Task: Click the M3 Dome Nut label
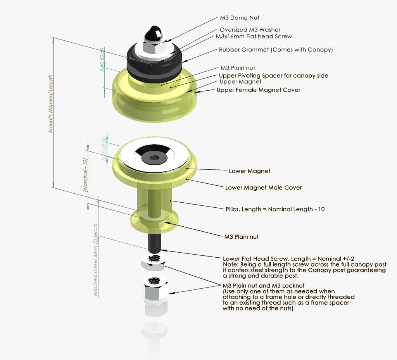coord(240,18)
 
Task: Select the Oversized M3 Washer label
coord(250,30)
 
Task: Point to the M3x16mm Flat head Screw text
coord(254,36)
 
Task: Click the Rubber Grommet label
coord(276,50)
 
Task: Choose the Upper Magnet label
coord(240,82)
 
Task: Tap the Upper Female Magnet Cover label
coord(258,90)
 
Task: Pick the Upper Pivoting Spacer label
coord(273,76)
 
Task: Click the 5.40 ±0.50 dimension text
coord(102,60)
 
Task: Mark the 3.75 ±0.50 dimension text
coord(104,149)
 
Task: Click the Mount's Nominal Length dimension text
coord(50,104)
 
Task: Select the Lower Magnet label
coord(249,171)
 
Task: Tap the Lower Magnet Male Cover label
coord(263,188)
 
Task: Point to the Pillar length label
coord(275,209)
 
